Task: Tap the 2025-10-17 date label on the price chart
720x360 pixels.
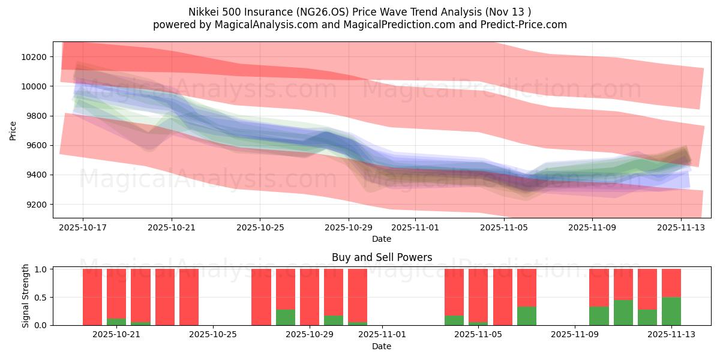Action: (83, 228)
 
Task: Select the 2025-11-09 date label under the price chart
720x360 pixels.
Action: (592, 228)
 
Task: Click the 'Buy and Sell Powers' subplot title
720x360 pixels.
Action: (382, 257)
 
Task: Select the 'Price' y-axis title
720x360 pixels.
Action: (13, 130)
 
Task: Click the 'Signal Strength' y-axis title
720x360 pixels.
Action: (25, 296)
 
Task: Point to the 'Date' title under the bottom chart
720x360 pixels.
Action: (382, 346)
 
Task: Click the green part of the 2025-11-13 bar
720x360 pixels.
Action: (671, 311)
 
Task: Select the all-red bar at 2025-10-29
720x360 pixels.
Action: (310, 297)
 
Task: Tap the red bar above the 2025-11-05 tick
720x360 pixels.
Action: (478, 294)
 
